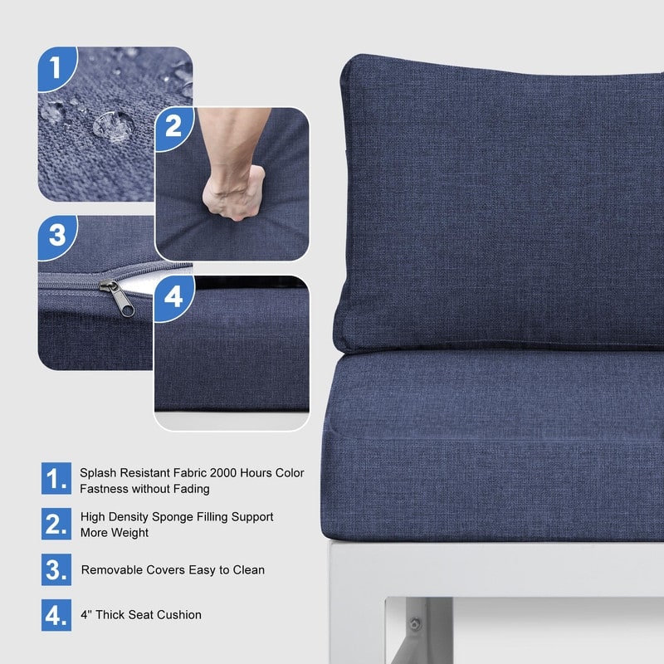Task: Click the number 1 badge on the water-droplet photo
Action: tap(56, 68)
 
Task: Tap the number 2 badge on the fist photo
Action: tap(173, 127)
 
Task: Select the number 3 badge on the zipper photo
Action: tap(57, 235)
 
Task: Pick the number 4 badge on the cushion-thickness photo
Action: tap(173, 296)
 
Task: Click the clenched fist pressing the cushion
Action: tap(234, 193)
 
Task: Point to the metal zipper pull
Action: tap(118, 299)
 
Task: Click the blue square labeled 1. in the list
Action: tap(56, 479)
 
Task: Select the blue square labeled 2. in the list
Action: tap(56, 524)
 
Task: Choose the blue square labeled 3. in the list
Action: tap(56, 569)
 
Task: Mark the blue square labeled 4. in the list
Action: tap(56, 615)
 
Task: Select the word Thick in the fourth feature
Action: tap(110, 614)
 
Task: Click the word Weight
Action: tap(131, 533)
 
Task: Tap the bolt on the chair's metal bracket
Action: tap(415, 624)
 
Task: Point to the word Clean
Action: tap(248, 569)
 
